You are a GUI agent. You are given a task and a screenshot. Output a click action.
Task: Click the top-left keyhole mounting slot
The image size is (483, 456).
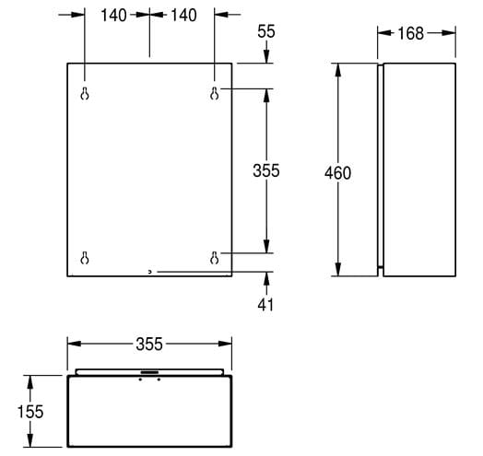coord(85,94)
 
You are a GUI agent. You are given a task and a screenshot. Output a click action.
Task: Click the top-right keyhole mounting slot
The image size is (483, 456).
coord(215,94)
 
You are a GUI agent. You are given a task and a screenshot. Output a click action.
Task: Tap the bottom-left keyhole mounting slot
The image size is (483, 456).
coord(85,258)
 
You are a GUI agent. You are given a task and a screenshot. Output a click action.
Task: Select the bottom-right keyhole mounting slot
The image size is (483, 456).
coord(215,258)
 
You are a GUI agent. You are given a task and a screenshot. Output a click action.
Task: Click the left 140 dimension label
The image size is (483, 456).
coord(113,15)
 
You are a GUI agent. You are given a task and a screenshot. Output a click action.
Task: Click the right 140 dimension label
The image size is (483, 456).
coord(184,15)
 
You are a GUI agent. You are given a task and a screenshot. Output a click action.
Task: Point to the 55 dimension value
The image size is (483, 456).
coord(266,31)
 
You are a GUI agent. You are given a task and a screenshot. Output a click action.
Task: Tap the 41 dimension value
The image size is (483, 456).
coord(265,305)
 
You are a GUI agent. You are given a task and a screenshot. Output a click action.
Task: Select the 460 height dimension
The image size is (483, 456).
coord(337,173)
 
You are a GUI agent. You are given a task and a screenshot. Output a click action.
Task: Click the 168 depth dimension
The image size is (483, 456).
coord(410,33)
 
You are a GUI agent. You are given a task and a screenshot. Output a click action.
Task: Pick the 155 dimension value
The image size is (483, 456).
coord(30,412)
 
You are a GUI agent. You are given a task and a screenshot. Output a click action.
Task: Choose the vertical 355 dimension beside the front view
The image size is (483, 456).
coord(266,170)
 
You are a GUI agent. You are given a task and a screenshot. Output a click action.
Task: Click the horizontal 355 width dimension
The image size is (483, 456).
coord(149,344)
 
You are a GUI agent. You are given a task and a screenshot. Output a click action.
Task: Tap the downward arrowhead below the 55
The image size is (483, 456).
coord(266,56)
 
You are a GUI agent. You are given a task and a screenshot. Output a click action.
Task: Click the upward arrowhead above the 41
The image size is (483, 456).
coord(266,279)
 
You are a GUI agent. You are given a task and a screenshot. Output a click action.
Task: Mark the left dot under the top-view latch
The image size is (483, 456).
coord(140,380)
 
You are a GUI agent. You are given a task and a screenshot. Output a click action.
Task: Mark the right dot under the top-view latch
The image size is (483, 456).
coord(159,380)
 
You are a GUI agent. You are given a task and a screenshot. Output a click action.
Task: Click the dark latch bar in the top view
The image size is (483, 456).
coord(149,372)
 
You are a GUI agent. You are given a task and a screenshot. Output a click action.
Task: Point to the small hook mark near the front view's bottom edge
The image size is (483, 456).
coord(149,272)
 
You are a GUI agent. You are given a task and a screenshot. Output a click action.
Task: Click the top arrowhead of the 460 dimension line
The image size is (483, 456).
coord(338,71)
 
